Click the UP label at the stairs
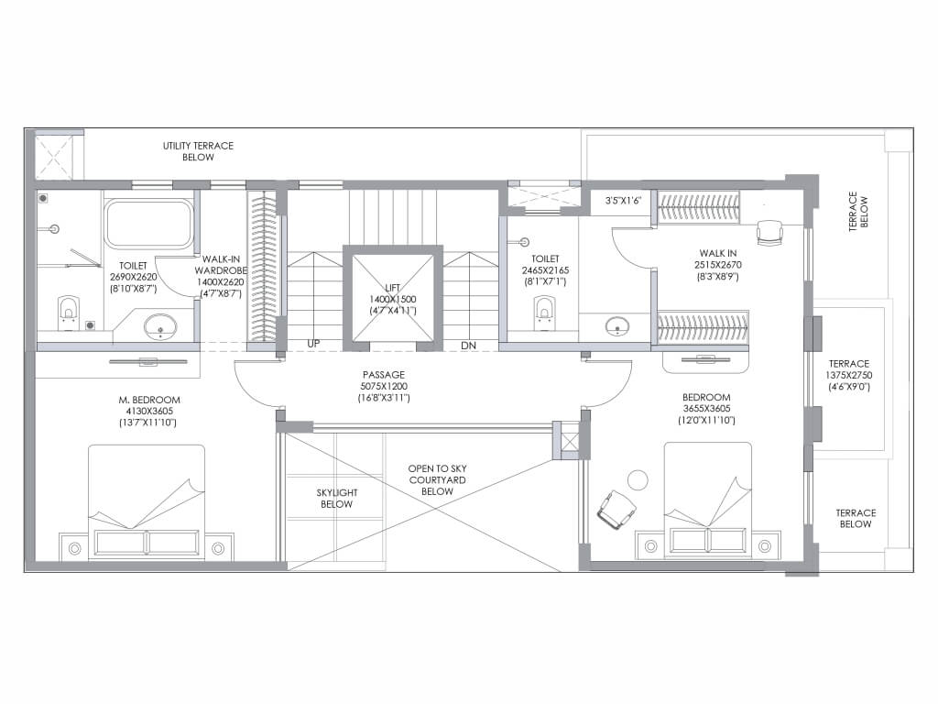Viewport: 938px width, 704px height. (x=313, y=344)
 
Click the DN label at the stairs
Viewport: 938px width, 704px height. (x=468, y=346)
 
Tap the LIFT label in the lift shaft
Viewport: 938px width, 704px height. (x=392, y=288)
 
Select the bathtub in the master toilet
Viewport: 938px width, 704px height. (x=149, y=224)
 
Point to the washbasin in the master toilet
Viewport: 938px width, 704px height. (x=160, y=327)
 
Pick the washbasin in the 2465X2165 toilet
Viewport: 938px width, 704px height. (x=616, y=327)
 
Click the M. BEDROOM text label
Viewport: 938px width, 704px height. (x=149, y=400)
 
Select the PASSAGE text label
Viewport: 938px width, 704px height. (x=384, y=375)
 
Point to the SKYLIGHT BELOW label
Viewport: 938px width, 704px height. (x=337, y=498)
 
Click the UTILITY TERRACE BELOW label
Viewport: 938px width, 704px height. (x=198, y=151)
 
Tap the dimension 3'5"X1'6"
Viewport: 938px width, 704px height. (x=623, y=201)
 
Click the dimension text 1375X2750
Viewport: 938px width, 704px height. (x=849, y=375)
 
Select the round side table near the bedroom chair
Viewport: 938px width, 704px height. (x=638, y=480)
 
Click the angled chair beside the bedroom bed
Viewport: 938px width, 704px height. (x=616, y=510)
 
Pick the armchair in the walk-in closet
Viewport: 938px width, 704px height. (x=769, y=232)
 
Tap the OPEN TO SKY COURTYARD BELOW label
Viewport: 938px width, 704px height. (x=437, y=480)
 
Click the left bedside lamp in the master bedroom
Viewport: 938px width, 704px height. (x=75, y=548)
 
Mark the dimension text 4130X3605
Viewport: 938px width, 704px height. (x=149, y=412)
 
